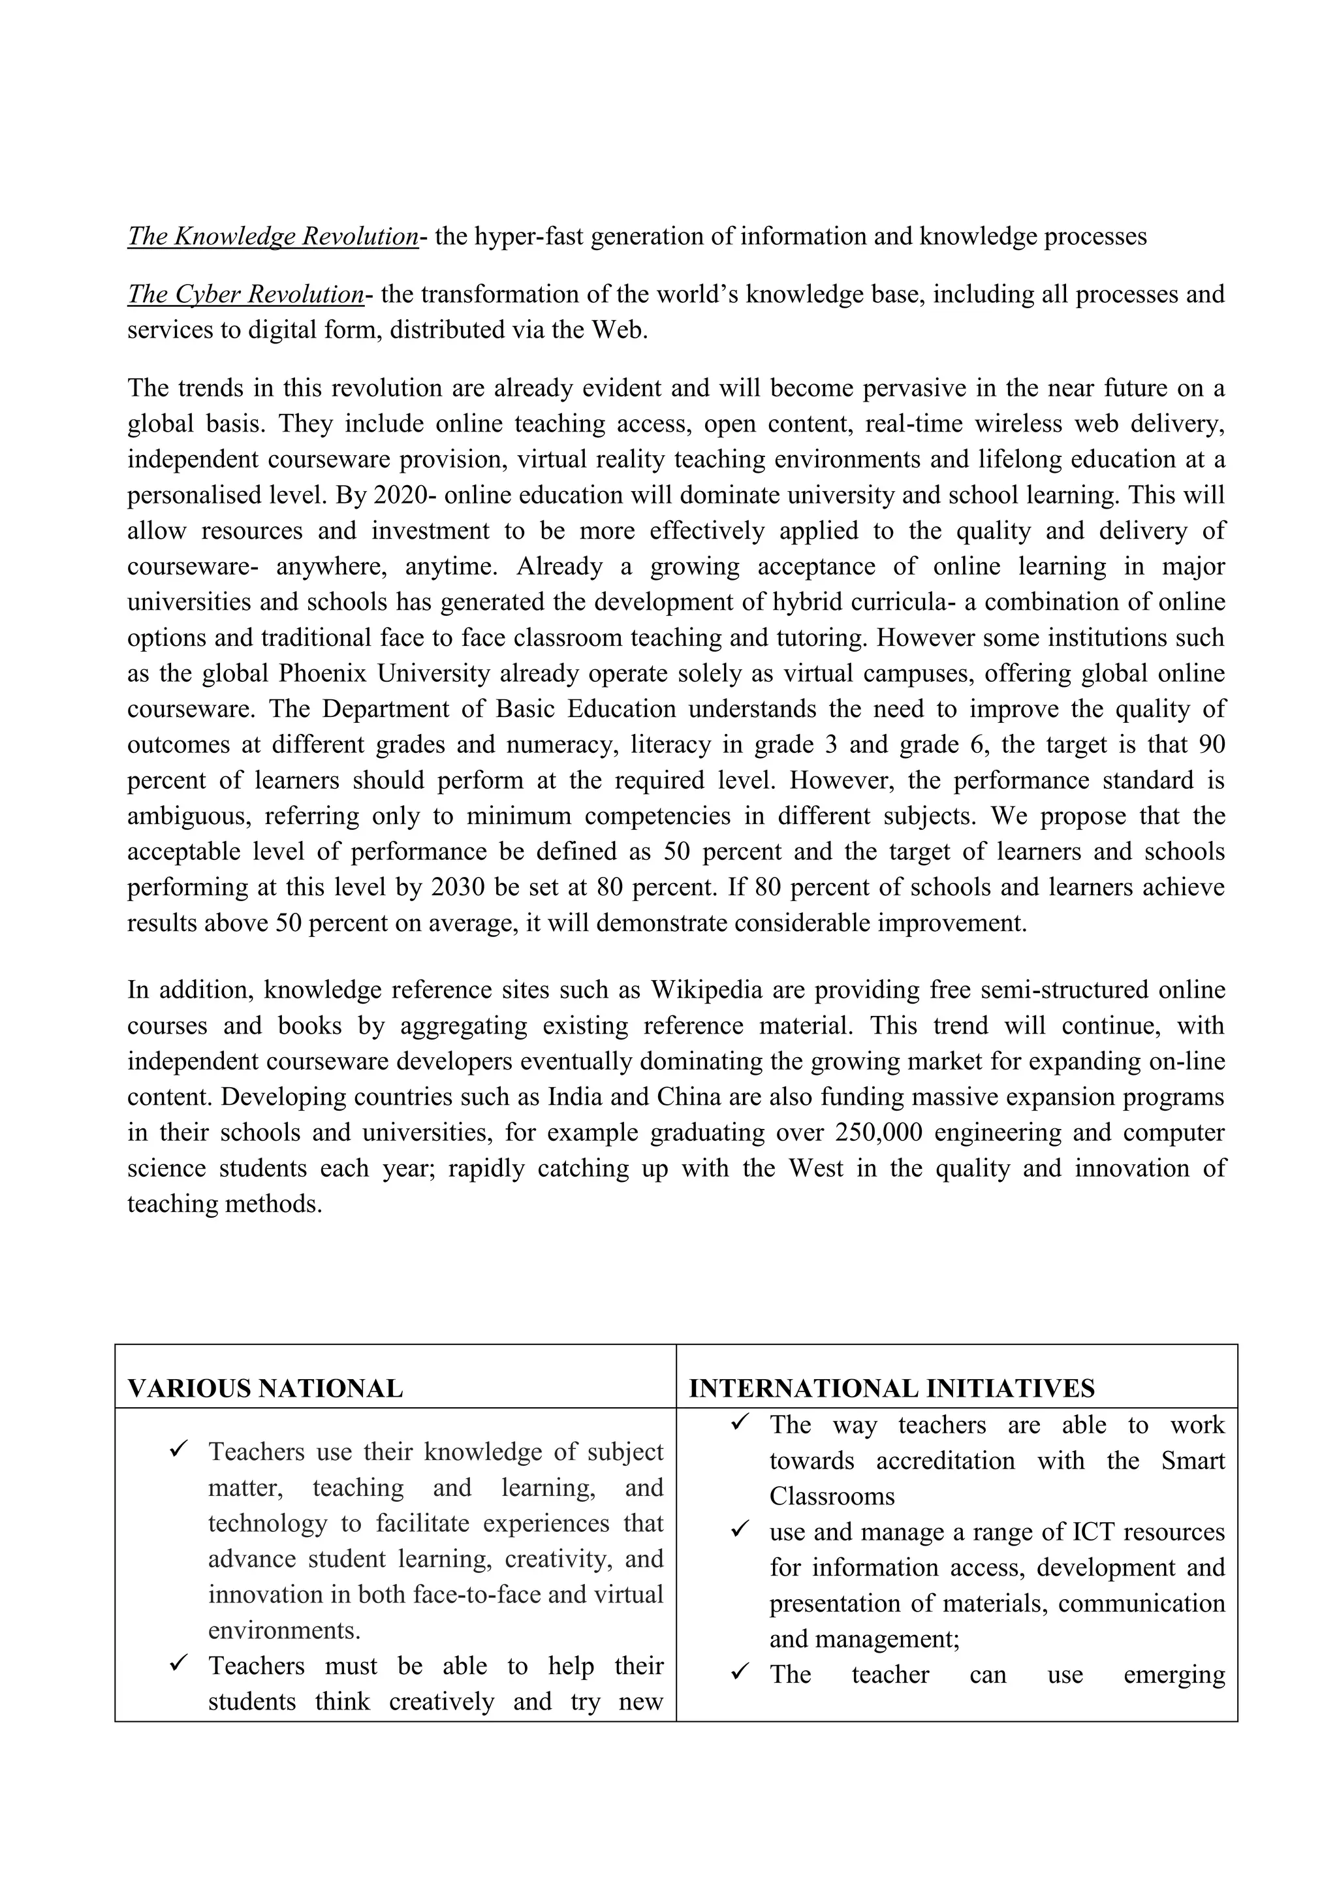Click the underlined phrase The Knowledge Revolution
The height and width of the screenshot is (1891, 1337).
click(272, 236)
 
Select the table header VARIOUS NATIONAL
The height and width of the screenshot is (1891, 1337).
click(265, 1389)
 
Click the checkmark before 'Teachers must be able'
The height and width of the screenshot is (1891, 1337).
click(179, 1663)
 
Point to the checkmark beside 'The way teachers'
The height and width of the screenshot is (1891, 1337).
click(739, 1422)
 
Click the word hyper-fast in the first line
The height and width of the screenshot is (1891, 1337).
click(529, 237)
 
